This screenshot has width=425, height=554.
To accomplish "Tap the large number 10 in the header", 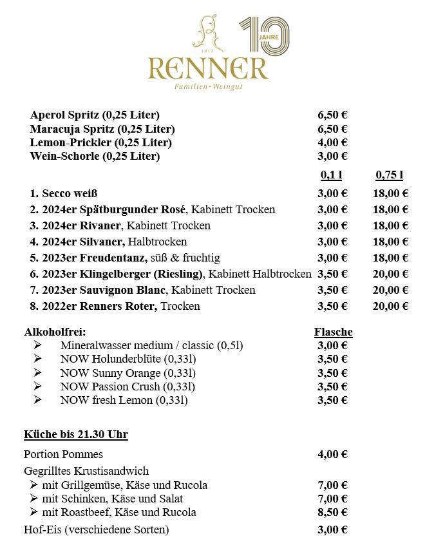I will point(264,35).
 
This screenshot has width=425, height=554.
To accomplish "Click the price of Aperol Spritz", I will point(333,115).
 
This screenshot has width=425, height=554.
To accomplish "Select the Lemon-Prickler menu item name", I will point(101,142).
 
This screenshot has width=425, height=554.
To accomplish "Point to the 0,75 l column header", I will point(389,175).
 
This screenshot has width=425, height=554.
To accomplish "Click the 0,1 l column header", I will point(331,175).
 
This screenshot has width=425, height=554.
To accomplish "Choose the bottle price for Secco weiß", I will point(390,193).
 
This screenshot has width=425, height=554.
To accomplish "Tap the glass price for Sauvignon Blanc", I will point(333,290).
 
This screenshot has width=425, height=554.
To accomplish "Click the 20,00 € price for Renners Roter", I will point(390,306).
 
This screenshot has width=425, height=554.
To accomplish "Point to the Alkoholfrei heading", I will point(55,332).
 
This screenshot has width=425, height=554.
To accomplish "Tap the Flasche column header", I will point(333,332).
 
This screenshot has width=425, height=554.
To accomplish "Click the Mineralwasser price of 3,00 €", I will point(333,346).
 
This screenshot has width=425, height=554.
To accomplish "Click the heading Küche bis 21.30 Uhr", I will point(75,435).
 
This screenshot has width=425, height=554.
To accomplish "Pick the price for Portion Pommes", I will point(333,455).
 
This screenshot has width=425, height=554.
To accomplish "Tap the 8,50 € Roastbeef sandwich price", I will point(333,513).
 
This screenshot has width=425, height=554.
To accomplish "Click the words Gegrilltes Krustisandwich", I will point(86,471).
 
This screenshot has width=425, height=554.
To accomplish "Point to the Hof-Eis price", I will point(333,530).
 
